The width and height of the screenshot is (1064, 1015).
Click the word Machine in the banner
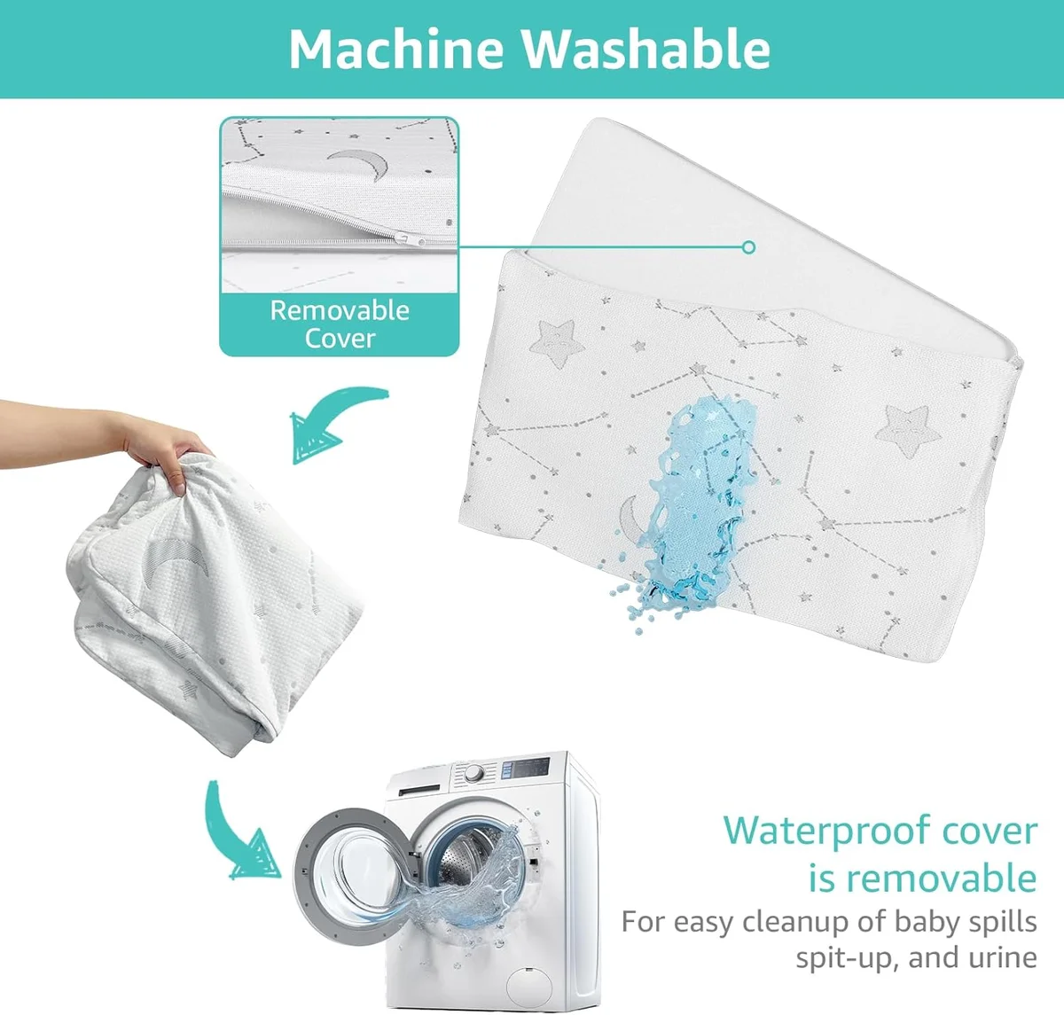point(396,49)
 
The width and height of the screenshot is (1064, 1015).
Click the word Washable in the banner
point(645,49)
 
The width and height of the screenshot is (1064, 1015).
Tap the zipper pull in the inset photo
point(410,238)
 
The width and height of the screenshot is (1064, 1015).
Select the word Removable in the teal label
point(340,310)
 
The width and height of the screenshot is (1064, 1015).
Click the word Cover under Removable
point(340,339)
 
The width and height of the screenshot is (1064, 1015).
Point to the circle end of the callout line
point(748,247)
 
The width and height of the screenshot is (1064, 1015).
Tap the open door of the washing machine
point(353,876)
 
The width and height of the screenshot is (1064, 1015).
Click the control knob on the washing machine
point(474,774)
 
